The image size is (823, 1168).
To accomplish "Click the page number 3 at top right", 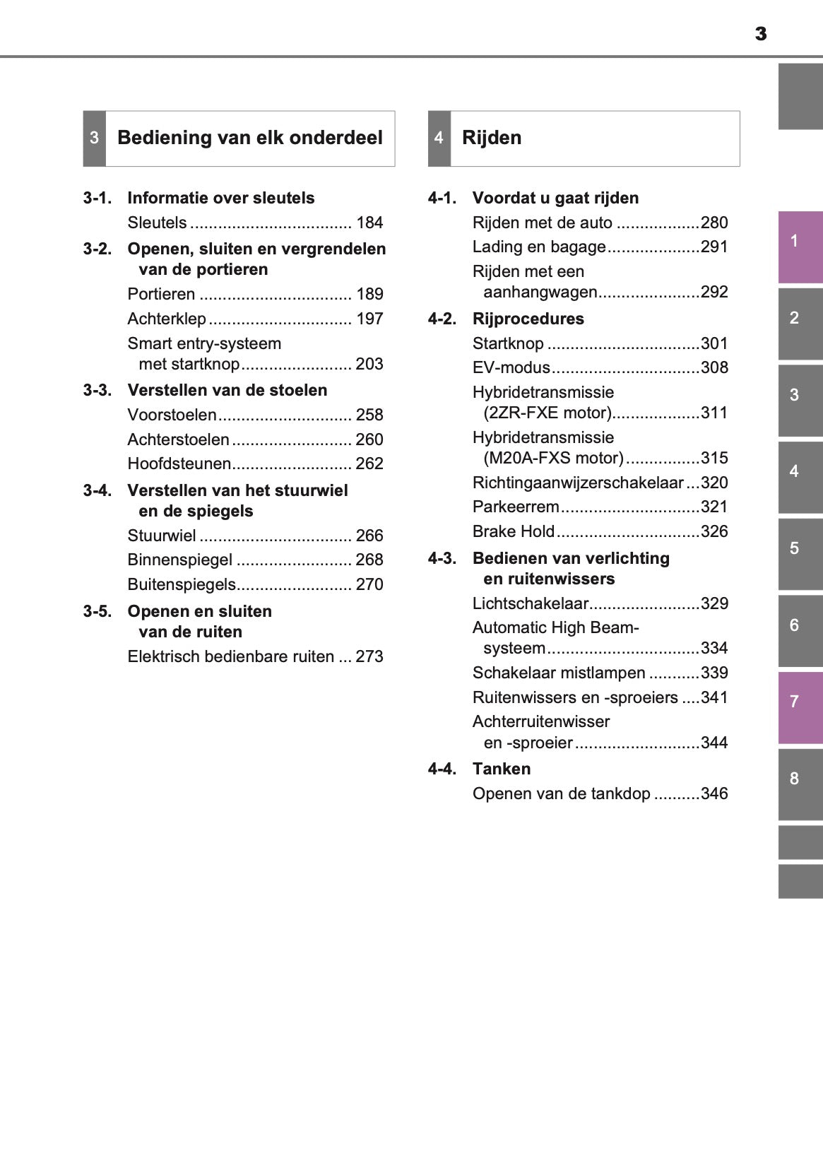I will pos(760,34).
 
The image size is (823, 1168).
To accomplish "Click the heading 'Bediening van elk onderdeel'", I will pos(249,138).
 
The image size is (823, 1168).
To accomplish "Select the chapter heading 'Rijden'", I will pos(492,138).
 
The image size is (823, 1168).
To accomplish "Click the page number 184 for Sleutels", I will pos(369,223).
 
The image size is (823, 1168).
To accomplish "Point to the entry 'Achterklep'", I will pos(167,319).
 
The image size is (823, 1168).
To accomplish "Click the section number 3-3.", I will pos(97,391).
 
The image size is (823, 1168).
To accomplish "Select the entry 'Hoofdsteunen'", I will pos(179,464).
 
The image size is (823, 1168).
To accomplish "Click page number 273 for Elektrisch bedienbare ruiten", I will pos(369,657).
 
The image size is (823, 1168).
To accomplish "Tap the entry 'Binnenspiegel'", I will pos(179,560).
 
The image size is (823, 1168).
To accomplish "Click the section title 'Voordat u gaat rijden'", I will pos(555,199).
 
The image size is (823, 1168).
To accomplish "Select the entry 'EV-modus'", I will pos(511,368).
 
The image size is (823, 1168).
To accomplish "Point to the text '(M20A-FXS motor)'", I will pos(553,459).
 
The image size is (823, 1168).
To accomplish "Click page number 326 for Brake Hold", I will pos(714,532).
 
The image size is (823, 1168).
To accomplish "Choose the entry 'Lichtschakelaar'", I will pos(530,604).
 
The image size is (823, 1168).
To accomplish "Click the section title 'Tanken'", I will pos(502,769).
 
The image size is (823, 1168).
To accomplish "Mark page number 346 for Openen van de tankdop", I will pos(714,794).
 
